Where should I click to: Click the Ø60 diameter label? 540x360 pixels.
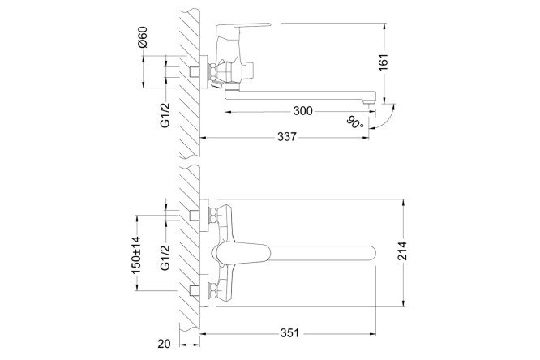click(142, 37)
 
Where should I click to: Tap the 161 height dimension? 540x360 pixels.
click(384, 62)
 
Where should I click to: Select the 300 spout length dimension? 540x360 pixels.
click(302, 111)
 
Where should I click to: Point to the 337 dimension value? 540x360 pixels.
click(286, 137)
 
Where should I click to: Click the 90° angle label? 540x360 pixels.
click(355, 122)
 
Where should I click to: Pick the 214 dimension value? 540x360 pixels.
click(402, 251)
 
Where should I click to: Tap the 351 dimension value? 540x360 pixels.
click(289, 333)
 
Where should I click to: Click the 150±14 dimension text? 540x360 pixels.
click(136, 255)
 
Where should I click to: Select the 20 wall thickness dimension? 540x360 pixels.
click(164, 344)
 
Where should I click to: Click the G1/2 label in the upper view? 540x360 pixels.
click(165, 115)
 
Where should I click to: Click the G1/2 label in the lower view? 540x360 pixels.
click(165, 258)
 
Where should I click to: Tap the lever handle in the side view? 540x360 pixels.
click(242, 29)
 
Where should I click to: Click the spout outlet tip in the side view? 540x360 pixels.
click(368, 101)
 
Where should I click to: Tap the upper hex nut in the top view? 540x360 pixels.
click(212, 216)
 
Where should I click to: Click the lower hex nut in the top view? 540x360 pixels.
click(212, 291)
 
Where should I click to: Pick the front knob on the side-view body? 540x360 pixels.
click(248, 70)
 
